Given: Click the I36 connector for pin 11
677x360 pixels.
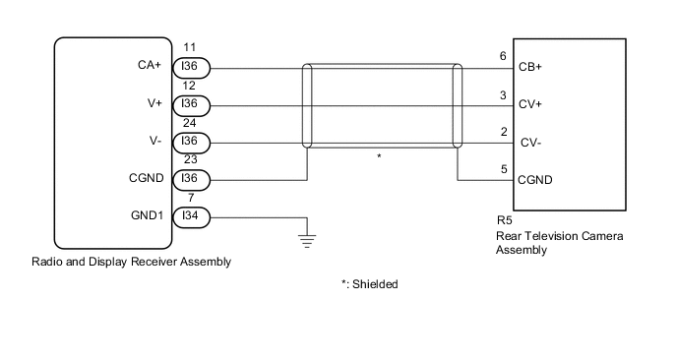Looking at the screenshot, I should [190, 68].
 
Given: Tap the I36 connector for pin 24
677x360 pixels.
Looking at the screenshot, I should [190, 143].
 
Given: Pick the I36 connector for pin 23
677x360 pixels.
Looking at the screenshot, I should [190, 179].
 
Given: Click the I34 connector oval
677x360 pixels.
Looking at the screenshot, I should [190, 216].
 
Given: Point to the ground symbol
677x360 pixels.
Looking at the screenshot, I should [308, 237].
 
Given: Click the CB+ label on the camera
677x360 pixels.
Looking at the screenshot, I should [530, 68].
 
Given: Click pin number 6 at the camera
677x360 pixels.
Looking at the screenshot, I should [503, 57].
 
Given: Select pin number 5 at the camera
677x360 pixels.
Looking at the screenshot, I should [503, 168].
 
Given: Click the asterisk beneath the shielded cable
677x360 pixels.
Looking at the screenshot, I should [379, 156].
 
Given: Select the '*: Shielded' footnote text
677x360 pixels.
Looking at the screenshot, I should [370, 283].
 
